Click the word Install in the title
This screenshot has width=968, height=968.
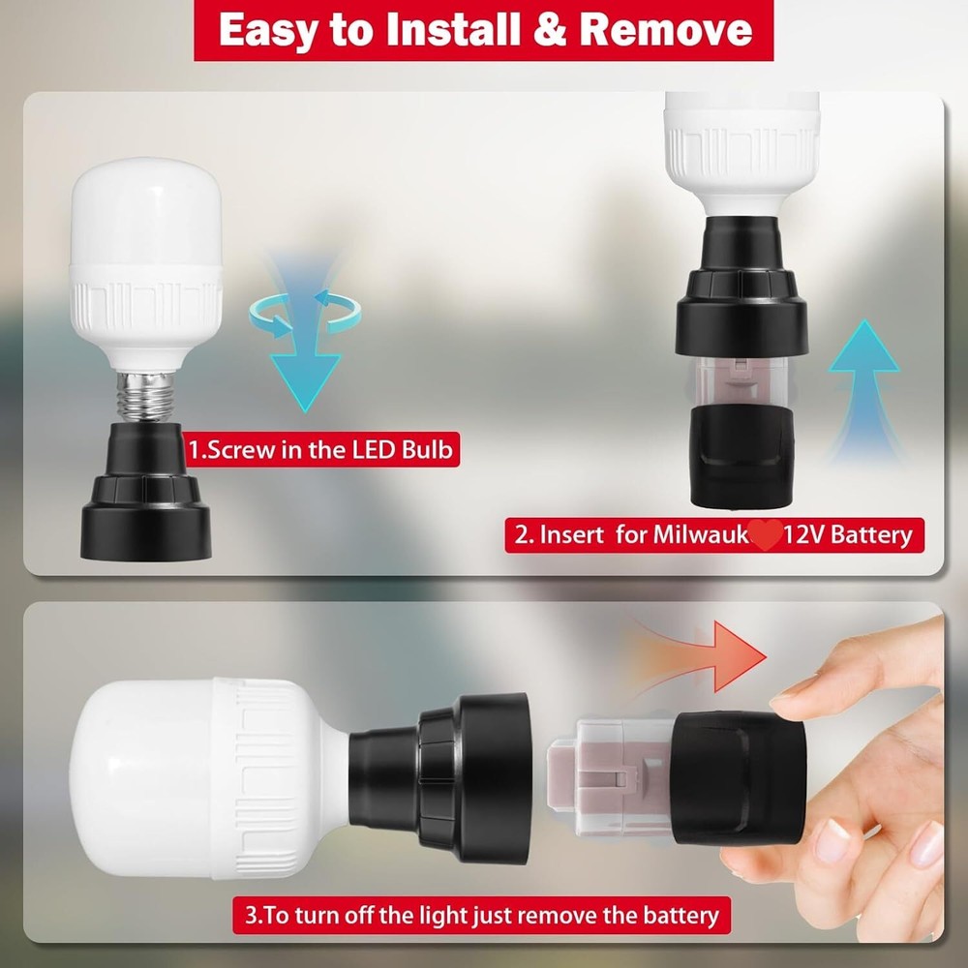tap(459, 30)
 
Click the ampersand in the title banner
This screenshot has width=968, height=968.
tap(555, 30)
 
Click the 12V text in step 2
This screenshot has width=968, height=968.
tap(810, 534)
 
